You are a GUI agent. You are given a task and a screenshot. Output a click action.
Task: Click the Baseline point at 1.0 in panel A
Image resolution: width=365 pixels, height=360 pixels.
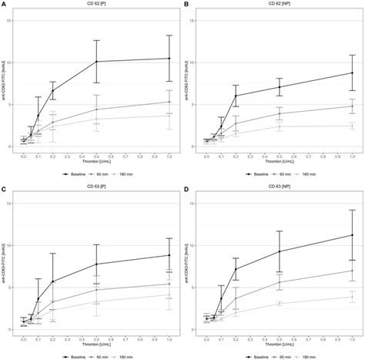pyautogui.click(x=169, y=59)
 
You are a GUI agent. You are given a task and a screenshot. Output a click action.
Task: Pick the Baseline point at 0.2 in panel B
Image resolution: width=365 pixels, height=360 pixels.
pyautogui.click(x=236, y=96)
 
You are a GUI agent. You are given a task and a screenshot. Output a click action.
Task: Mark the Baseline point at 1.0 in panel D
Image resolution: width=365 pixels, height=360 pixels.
pyautogui.click(x=352, y=235)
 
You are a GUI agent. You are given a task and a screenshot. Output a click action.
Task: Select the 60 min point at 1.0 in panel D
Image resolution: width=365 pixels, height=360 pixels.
pyautogui.click(x=352, y=271)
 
